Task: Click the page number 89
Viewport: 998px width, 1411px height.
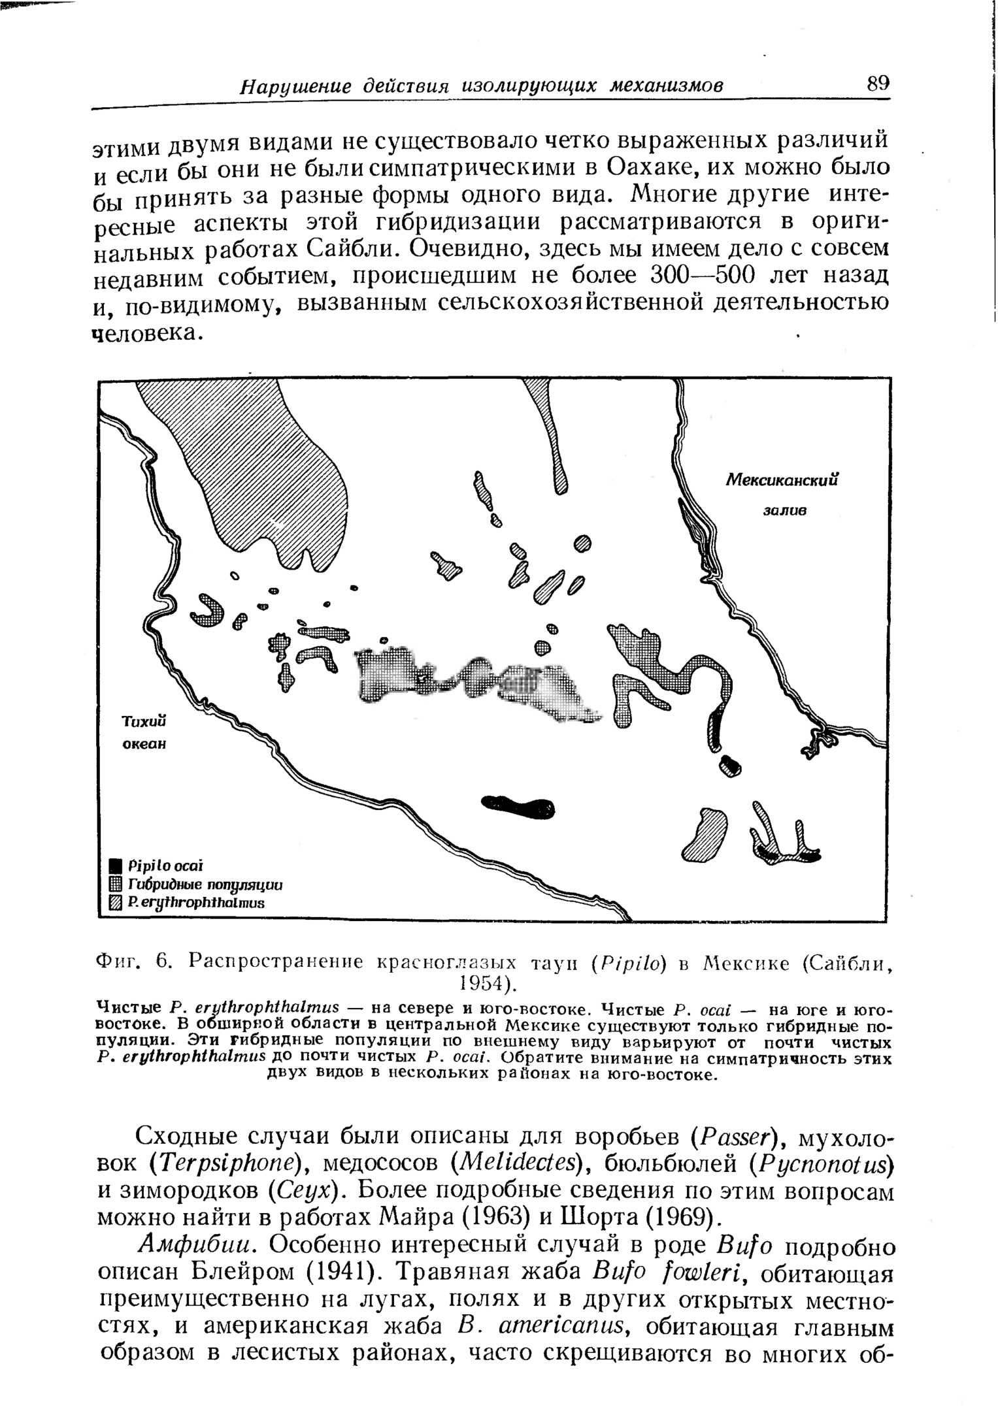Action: coord(878,84)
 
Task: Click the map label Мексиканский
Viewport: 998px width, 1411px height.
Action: coord(782,480)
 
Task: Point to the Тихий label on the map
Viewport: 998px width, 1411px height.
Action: coord(145,721)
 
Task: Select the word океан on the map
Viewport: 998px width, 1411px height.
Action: coord(145,743)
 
